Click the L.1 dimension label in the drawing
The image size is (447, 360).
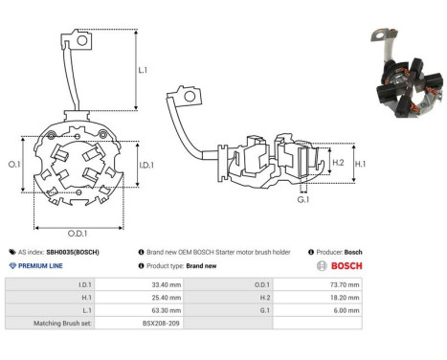143,71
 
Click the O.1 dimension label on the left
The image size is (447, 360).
14,165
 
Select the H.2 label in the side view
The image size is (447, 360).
338,163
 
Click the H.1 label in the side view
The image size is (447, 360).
362,164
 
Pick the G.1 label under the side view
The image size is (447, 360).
303,200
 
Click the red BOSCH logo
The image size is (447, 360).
339,265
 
